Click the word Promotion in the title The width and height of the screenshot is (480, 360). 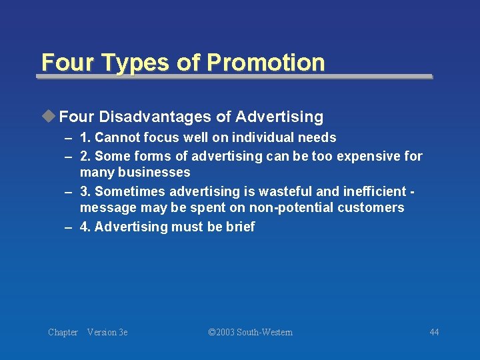(265, 62)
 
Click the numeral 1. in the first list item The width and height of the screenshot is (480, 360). (85, 138)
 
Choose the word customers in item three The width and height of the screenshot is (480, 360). (370, 208)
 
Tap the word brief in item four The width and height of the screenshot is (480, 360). (240, 227)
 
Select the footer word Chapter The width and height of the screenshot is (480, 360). (63, 332)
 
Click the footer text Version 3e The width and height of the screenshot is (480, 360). (107, 332)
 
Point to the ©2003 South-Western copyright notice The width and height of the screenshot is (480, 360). (250, 332)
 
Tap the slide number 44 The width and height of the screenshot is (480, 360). (434, 332)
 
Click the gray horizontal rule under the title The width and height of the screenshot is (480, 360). (233, 77)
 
